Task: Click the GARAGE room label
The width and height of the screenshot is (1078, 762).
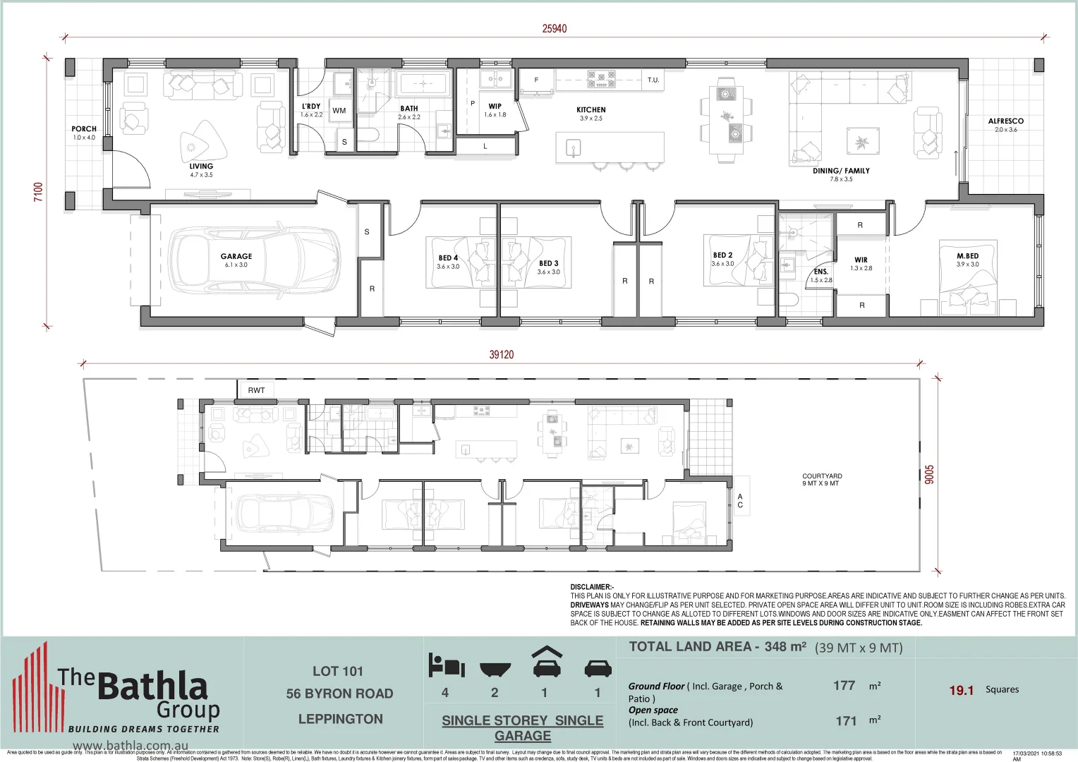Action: (x=236, y=257)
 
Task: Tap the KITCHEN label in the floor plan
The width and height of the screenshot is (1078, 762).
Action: (x=591, y=110)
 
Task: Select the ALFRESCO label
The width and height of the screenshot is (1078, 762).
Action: (x=1005, y=121)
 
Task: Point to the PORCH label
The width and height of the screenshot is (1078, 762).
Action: (x=84, y=129)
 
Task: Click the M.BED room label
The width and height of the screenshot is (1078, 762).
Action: (x=967, y=256)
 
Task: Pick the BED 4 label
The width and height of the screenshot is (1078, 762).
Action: (x=448, y=258)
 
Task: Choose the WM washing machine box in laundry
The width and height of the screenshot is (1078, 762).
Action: (x=339, y=111)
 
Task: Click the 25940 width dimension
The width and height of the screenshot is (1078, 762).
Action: (x=555, y=29)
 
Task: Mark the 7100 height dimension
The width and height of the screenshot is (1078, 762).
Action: (x=39, y=192)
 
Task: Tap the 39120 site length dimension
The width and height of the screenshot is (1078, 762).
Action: (x=502, y=355)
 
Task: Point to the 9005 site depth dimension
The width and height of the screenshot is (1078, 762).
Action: (x=929, y=474)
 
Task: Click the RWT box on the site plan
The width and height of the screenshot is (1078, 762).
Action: (x=256, y=390)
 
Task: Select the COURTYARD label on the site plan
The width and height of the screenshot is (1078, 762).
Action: (x=822, y=476)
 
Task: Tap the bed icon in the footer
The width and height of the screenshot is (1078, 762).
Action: (x=447, y=665)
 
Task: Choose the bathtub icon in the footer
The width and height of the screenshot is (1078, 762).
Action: (x=495, y=668)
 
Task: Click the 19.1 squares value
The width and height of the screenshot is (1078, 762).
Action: (x=961, y=690)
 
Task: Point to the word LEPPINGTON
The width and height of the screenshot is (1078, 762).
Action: (x=340, y=719)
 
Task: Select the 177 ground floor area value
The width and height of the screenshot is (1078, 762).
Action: (x=844, y=686)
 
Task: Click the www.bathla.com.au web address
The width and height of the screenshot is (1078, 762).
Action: (x=131, y=745)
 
